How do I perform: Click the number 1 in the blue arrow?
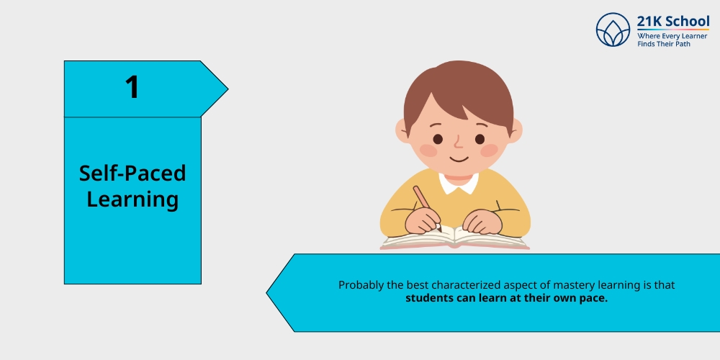click(132, 87)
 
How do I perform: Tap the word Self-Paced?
click(132, 173)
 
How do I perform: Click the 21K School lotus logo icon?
click(613, 30)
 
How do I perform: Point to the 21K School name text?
click(673, 21)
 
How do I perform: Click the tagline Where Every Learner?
click(672, 36)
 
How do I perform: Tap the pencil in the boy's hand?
click(426, 207)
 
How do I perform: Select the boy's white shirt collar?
click(459, 183)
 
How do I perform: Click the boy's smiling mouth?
click(459, 160)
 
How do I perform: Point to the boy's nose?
click(458, 143)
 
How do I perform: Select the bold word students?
click(430, 298)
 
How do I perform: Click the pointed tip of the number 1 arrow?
click(228, 89)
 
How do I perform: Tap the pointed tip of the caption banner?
click(267, 292)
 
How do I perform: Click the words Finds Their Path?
click(664, 44)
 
